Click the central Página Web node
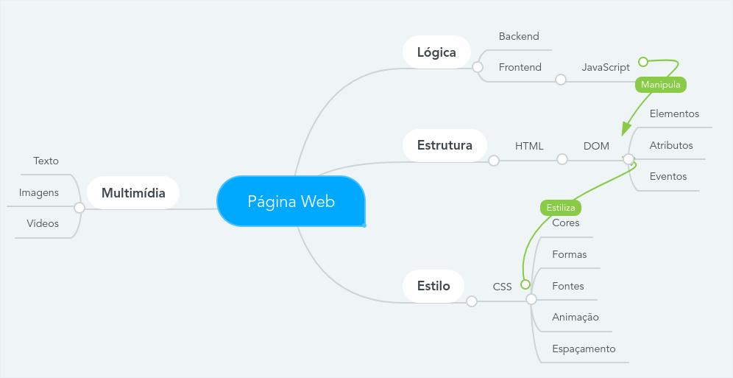(291, 201)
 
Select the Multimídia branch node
(133, 193)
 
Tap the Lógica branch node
(436, 52)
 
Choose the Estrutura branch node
(445, 145)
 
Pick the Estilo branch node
(433, 286)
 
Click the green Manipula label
(660, 85)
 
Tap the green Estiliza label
(561, 208)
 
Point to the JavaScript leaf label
(606, 67)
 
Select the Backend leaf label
(519, 36)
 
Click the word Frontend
(520, 67)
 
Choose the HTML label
(529, 146)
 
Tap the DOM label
(596, 146)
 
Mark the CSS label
(502, 287)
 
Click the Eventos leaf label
(668, 176)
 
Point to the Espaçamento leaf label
(584, 349)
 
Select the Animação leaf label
(576, 318)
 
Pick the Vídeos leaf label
(43, 223)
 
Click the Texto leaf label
(46, 161)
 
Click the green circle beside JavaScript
(643, 62)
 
